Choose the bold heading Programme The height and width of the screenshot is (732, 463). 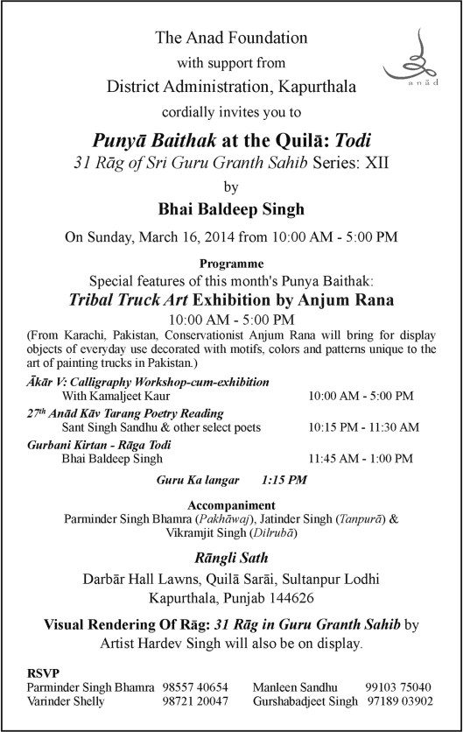pyautogui.click(x=231, y=263)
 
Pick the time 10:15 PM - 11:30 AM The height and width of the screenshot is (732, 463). pyautogui.click(x=363, y=427)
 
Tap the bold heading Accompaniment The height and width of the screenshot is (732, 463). pyautogui.click(x=231, y=505)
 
